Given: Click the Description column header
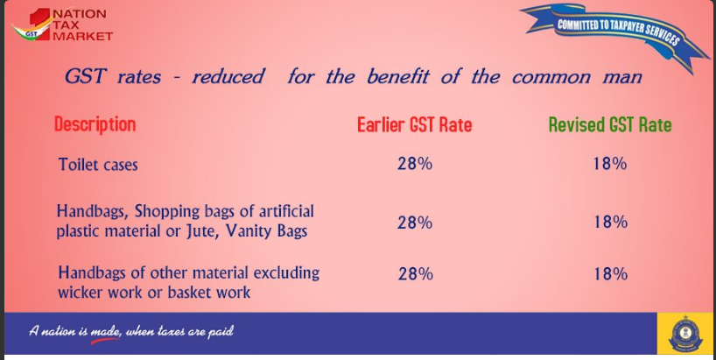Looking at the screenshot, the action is pos(95,124).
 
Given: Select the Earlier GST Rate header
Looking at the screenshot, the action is pos(414,124).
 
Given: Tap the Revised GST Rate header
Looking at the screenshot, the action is pos(610,124).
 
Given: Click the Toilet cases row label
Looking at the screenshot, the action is pos(98,164).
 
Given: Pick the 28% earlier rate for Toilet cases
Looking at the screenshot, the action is pos(415,164).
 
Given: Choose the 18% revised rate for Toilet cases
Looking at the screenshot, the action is pos(610,164).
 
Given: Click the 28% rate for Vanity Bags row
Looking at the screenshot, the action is pos(415,222).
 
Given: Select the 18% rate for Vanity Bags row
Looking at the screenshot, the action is pos(610,222).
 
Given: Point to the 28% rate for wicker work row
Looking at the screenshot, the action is pos(416,273).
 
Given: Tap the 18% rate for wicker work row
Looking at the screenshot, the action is pos(610,273).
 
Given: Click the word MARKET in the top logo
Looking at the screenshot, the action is pos(82,37).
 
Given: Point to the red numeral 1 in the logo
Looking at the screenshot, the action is pos(42,25).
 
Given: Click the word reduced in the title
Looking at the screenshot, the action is pos(228,76).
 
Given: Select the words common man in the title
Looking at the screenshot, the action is pos(577,76).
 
